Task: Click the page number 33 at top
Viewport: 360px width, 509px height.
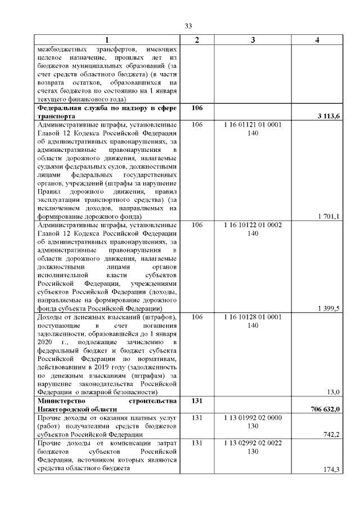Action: click(x=189, y=26)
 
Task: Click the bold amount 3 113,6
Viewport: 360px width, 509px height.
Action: click(x=327, y=116)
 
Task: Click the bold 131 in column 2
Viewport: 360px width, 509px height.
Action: click(x=196, y=400)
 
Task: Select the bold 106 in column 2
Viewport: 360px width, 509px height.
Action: click(x=196, y=107)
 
